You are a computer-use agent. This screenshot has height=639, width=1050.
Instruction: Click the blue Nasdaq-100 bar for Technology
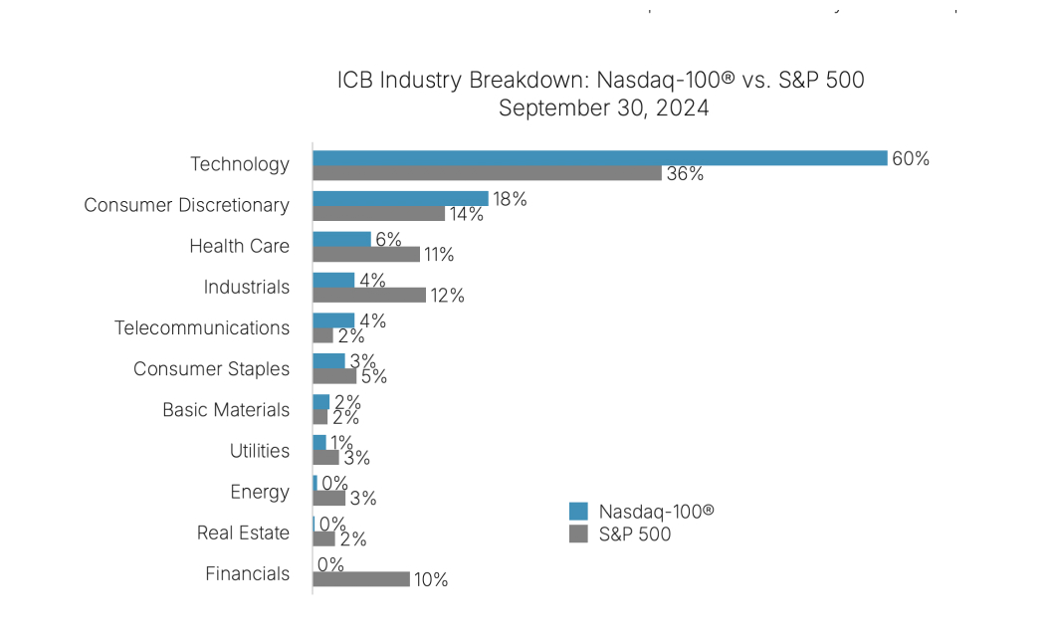click(x=599, y=158)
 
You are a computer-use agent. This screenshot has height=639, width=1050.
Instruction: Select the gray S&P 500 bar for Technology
click(x=487, y=173)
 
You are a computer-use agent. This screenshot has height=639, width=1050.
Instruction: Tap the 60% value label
click(x=911, y=158)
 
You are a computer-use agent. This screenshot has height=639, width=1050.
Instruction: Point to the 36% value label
click(x=685, y=174)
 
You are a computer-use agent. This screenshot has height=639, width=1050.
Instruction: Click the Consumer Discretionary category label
click(x=186, y=205)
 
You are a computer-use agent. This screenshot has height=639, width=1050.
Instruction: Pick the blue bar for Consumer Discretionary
click(x=400, y=199)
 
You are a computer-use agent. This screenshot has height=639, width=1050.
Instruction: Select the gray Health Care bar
click(x=366, y=255)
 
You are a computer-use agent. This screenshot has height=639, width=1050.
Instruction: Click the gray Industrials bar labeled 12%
click(x=369, y=296)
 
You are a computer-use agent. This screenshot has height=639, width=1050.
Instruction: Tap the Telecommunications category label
click(x=202, y=327)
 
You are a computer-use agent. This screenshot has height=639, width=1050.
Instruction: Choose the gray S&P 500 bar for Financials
click(x=361, y=579)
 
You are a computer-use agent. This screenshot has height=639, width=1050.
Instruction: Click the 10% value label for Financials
click(x=431, y=580)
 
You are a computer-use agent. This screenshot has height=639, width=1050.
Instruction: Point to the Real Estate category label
click(x=243, y=532)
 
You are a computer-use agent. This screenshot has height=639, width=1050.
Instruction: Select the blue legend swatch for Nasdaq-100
click(x=578, y=512)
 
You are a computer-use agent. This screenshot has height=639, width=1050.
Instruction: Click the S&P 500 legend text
click(x=635, y=534)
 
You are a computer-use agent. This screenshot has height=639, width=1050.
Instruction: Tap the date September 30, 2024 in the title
click(x=603, y=108)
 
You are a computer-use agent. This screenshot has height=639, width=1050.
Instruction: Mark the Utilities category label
click(x=260, y=451)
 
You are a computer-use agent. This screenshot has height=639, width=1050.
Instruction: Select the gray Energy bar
click(x=329, y=499)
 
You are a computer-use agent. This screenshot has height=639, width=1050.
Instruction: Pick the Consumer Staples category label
click(x=211, y=368)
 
